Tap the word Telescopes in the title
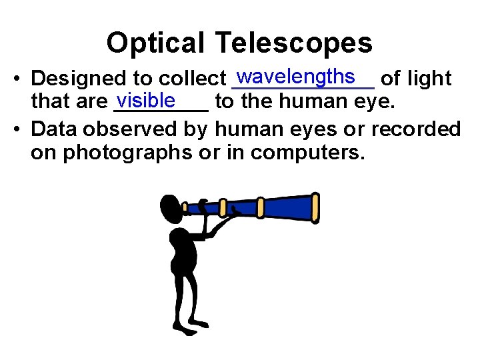[x=293, y=43]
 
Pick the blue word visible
[x=145, y=99]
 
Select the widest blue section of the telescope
[x=287, y=207]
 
